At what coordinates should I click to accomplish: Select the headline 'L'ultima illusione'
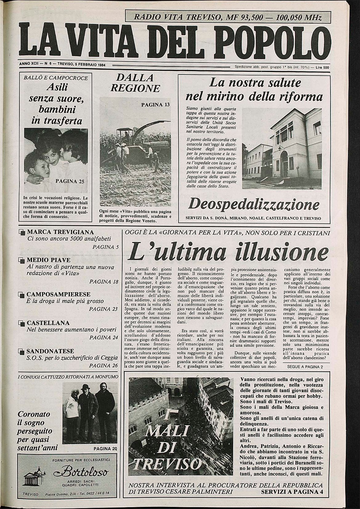click(228, 252)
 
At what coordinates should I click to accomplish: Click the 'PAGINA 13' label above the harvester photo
click(155, 105)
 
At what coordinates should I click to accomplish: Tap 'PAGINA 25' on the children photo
click(70, 181)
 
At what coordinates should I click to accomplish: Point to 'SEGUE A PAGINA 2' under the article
click(305, 367)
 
